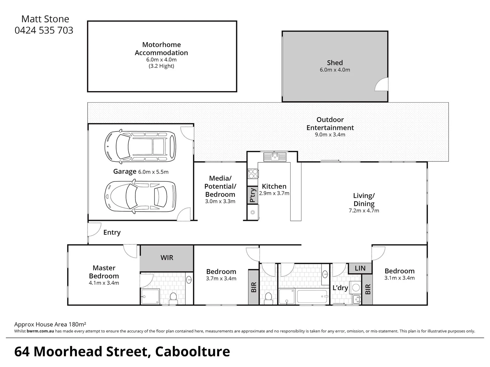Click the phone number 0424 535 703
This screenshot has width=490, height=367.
(x=44, y=31)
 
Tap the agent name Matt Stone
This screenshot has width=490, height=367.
(x=45, y=19)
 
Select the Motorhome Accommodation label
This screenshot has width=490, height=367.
(x=161, y=49)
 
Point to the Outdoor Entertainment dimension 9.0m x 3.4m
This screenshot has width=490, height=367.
(x=330, y=135)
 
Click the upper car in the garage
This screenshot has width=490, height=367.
(x=141, y=146)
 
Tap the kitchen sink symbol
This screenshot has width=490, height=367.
(x=275, y=157)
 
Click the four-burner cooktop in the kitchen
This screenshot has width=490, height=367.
(x=253, y=174)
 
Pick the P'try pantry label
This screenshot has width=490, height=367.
(x=252, y=195)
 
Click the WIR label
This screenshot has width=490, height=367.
(x=167, y=258)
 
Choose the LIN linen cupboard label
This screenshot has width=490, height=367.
(x=360, y=268)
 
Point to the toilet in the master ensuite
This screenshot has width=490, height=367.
(x=173, y=298)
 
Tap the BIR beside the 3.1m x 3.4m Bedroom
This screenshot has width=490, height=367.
(x=367, y=289)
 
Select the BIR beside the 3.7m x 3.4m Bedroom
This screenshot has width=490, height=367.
(x=254, y=287)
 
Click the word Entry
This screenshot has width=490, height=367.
(x=112, y=232)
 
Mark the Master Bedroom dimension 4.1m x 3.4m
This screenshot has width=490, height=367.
(x=104, y=283)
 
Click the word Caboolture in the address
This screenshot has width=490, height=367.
(x=193, y=352)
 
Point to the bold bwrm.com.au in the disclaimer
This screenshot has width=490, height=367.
(x=40, y=331)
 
